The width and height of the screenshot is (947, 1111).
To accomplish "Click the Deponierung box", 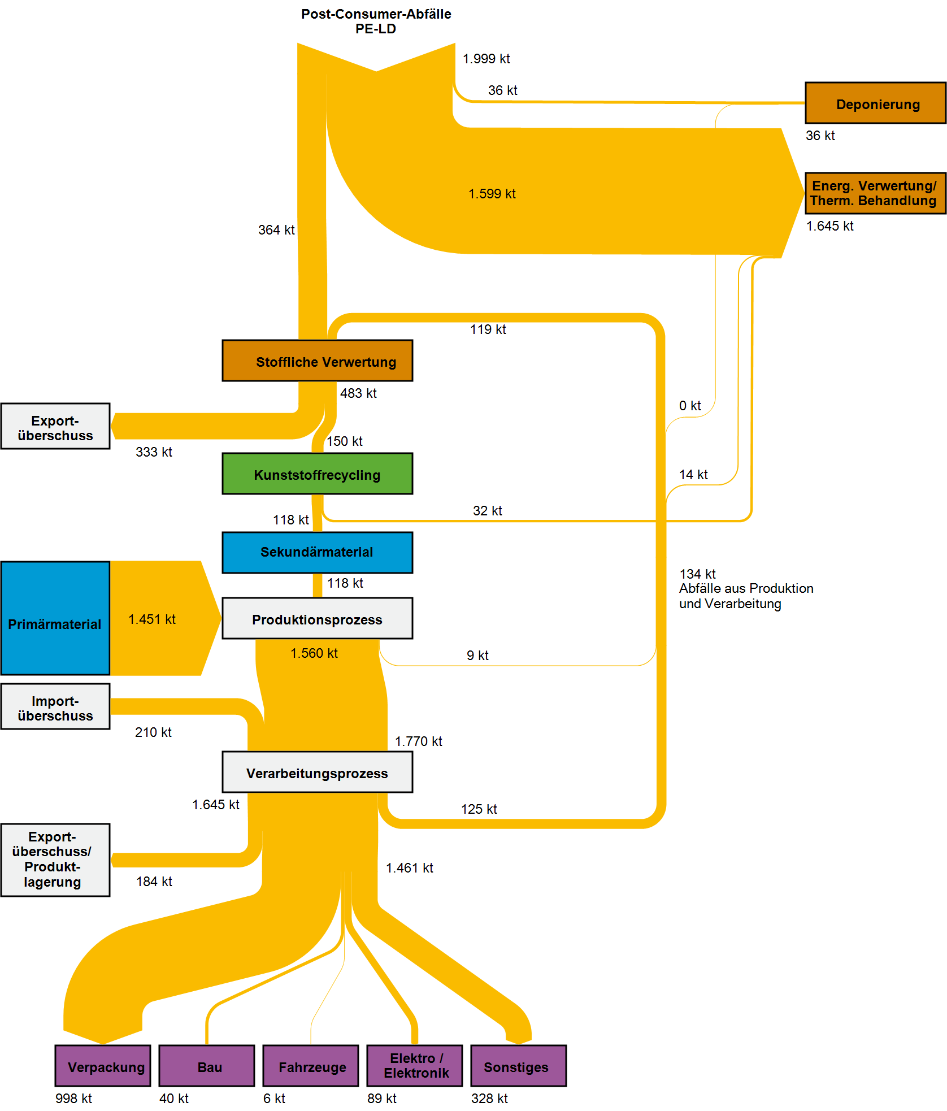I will tap(875, 103).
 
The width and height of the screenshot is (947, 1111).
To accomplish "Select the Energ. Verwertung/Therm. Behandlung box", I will tap(875, 193).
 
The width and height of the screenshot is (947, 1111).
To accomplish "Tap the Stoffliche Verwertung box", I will tap(317, 361).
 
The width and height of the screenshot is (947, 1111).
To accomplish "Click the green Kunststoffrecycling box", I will tap(317, 474).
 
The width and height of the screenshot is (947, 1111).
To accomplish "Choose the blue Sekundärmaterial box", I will tap(317, 552).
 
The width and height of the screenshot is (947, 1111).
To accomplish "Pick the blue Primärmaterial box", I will tap(55, 618).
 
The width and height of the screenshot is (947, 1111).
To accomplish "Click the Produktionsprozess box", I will tap(317, 618).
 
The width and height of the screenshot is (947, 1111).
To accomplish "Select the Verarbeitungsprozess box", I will tap(317, 772).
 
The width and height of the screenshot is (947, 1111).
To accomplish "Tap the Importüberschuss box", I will tap(55, 706).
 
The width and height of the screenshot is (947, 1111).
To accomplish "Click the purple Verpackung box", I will tap(103, 1066).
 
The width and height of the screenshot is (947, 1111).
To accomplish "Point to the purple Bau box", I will tap(207, 1066).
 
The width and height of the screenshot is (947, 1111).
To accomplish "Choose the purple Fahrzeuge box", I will tap(311, 1066).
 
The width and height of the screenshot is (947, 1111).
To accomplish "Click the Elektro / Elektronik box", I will tap(415, 1066).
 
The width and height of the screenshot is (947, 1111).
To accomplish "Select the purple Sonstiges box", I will tap(518, 1066).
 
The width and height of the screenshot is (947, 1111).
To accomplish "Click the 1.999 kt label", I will tap(486, 59).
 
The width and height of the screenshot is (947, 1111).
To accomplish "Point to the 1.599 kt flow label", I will tap(492, 194).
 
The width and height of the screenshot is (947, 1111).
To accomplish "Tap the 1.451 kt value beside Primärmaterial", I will tap(151, 619).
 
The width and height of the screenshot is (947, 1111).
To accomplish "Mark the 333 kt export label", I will tap(154, 452).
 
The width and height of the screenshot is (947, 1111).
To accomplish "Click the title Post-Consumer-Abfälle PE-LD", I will tap(376, 21).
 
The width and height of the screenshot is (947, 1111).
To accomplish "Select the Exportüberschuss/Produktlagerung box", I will tap(55, 860).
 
